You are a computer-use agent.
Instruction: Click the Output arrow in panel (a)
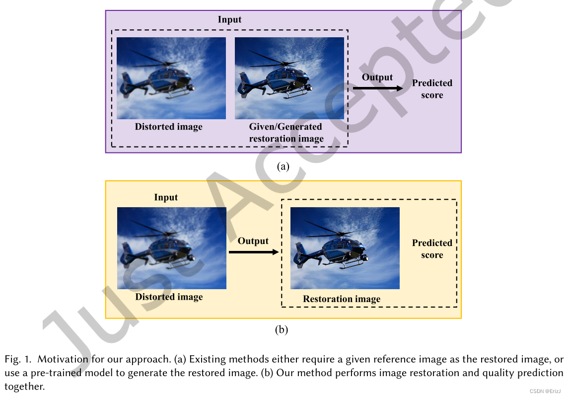378,88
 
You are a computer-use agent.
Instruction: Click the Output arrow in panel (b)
254,252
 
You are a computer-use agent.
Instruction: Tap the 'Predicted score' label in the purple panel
432,89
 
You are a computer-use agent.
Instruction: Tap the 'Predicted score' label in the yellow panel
432,249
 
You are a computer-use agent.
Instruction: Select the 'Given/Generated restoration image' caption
286,133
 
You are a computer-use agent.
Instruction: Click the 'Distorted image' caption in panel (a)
169,127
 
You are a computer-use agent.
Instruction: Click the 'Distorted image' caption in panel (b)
169,297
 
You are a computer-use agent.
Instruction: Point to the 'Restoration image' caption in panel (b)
342,299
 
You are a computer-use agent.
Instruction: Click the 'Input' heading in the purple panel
229,20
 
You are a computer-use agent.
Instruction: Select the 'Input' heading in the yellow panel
166,197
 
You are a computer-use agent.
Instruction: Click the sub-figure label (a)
283,166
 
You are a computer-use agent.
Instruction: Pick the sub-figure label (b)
282,330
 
